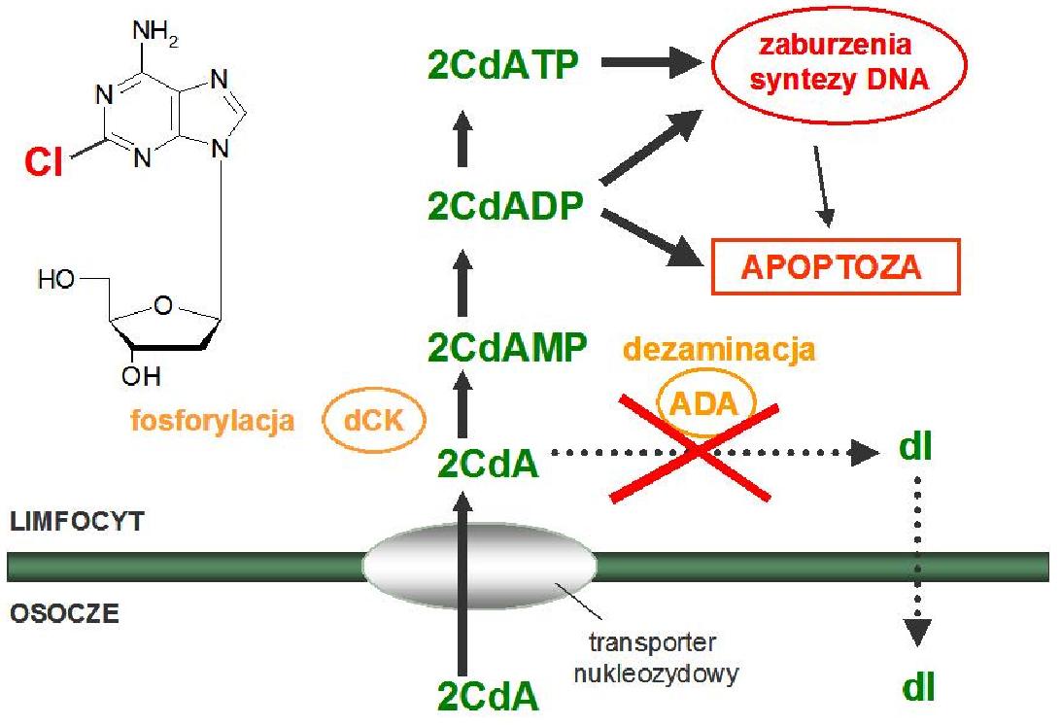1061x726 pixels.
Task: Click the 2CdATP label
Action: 503,65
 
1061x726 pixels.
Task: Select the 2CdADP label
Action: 505,206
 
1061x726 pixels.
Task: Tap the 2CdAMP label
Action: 507,347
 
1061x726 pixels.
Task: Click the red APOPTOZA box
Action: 836,266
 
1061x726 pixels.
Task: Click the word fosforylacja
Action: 213,420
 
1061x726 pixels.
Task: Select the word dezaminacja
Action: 719,350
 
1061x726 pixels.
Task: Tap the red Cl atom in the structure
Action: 44,163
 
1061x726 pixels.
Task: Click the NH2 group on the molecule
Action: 154,32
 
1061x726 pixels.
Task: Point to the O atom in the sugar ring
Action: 163,306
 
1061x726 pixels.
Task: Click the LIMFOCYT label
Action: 77,522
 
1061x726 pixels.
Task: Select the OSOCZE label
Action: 64,613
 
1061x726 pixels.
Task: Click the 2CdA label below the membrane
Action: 488,696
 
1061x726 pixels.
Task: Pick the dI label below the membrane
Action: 918,688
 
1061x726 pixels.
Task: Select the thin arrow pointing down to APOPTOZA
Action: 824,186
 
